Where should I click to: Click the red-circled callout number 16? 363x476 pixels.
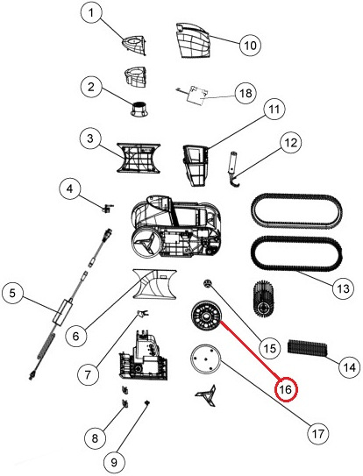[286, 389]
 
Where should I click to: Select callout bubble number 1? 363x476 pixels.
[91, 13]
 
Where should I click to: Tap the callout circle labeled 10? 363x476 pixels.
[250, 46]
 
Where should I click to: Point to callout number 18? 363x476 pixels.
[246, 93]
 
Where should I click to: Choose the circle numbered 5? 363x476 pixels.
[12, 294]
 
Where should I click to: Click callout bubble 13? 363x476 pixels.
[343, 288]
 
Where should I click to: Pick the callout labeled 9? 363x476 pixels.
[114, 462]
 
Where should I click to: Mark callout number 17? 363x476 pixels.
[318, 434]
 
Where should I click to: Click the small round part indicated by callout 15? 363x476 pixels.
[207, 283]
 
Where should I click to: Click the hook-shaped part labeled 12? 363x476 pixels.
[233, 167]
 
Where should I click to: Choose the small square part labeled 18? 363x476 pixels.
[196, 95]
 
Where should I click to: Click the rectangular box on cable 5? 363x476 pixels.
[63, 312]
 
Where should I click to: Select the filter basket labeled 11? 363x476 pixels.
[195, 165]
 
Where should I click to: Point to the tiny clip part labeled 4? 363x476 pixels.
[107, 209]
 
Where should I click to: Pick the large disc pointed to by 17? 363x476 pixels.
[206, 359]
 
